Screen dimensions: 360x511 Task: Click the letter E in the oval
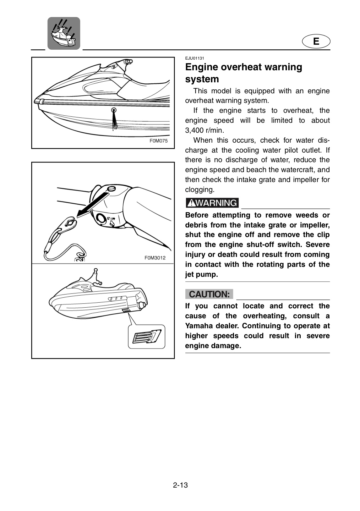[x=316, y=41]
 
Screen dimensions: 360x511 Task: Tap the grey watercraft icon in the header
[x=64, y=33]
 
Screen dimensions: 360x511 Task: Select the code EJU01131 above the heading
[x=195, y=59]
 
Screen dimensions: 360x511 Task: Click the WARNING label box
[x=212, y=203]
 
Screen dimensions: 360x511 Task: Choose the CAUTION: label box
[x=209, y=294]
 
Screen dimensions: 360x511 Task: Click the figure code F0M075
[x=158, y=141]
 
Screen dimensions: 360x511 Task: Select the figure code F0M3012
[x=155, y=258]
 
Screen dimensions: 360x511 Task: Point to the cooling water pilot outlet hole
[x=114, y=110]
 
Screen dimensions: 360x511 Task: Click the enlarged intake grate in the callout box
[x=147, y=337]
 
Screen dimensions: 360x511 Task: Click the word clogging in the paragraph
[x=200, y=190]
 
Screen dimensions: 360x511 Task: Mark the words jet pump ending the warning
[x=201, y=274]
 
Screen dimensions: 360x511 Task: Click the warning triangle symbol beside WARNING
[x=191, y=203]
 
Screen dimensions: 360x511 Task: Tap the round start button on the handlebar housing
[x=101, y=218]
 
